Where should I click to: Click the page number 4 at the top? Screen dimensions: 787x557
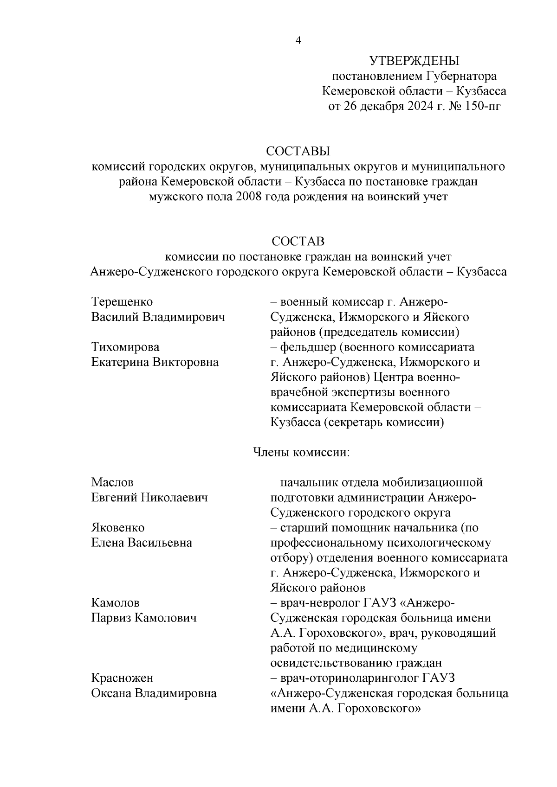coord(298,41)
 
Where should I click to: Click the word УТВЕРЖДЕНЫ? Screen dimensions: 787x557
coord(414,61)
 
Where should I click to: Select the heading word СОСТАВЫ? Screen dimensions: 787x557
coord(298,152)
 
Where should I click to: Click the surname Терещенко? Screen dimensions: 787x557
coord(122,302)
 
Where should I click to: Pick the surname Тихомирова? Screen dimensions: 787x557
coord(125,347)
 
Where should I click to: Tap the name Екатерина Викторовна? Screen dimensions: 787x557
coord(155,362)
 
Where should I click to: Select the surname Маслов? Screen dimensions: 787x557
coord(112,482)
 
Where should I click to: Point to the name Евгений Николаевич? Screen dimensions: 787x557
coord(149,498)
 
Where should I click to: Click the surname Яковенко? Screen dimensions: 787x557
coord(118,528)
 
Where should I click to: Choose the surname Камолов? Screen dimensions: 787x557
coord(115,603)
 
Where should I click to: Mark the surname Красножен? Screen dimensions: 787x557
coord(122,678)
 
